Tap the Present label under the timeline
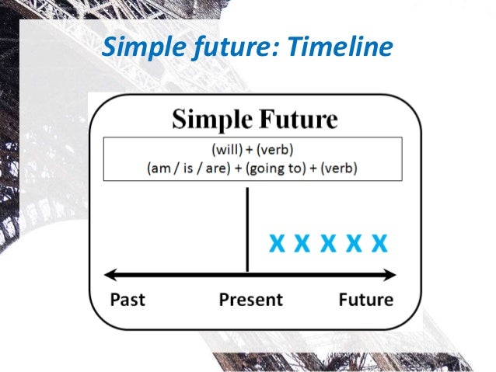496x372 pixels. coord(251,299)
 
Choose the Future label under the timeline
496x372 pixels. coord(365,299)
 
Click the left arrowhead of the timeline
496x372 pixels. coord(110,273)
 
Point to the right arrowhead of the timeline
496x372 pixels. coord(390,273)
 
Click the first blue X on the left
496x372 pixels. coord(276,244)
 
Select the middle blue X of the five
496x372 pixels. coord(327,244)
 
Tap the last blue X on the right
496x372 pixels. coord(379,244)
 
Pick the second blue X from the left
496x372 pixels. coord(302,244)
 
